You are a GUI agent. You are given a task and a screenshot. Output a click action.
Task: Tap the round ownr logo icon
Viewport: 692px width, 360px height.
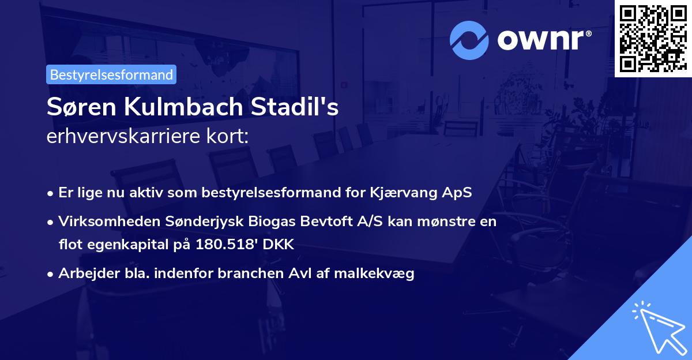(469, 40)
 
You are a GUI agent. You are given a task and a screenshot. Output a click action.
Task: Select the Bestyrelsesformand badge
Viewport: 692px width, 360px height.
(111, 74)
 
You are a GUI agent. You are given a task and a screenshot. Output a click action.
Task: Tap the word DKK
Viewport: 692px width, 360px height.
(279, 245)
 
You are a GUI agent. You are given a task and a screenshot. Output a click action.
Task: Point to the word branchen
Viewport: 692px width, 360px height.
(251, 273)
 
